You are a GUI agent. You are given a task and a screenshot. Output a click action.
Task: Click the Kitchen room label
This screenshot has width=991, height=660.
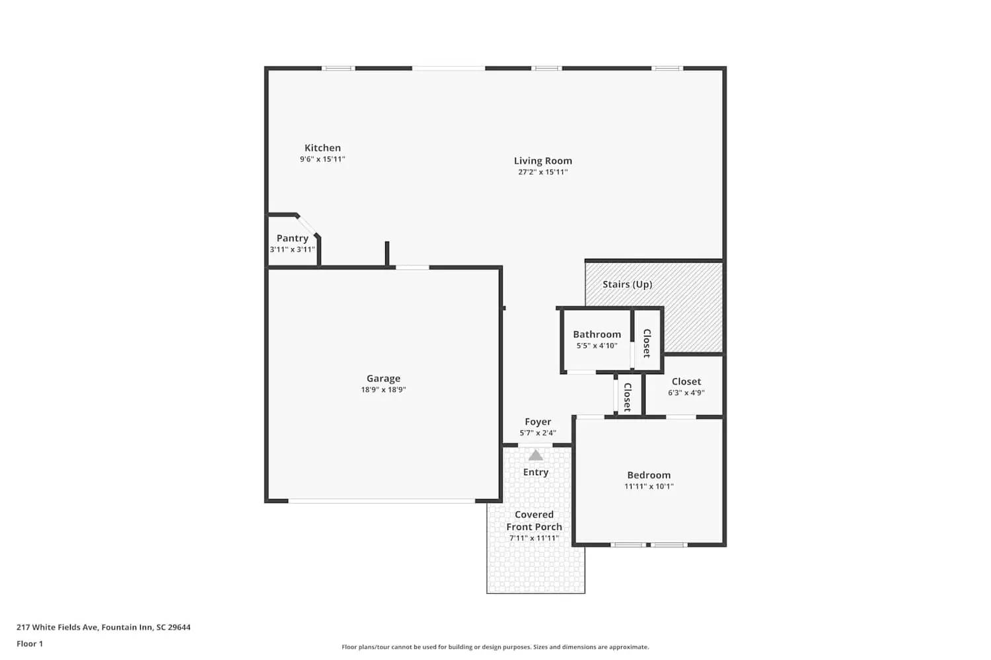[x=322, y=148]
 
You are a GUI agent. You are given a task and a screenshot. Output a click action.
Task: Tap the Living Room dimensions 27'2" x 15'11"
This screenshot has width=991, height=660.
[x=542, y=172]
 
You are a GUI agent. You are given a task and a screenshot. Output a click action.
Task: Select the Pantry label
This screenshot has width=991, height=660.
[x=292, y=238]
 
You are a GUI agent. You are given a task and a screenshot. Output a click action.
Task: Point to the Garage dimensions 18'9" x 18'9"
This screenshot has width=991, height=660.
[x=383, y=390]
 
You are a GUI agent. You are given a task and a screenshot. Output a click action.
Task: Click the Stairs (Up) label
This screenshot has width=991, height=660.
[x=627, y=284]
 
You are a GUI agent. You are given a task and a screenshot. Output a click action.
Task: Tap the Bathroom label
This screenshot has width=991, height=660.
[x=597, y=335]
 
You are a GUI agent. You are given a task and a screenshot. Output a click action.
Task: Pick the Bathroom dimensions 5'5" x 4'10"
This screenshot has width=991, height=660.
[x=597, y=346]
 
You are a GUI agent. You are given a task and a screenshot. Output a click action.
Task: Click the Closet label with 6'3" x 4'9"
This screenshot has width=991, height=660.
[x=686, y=381]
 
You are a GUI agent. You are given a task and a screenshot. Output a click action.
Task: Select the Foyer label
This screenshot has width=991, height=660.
[x=538, y=422]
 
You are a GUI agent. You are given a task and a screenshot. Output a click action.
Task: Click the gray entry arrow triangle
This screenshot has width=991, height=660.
[x=536, y=455]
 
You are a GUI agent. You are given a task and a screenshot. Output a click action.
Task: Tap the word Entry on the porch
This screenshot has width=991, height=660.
[x=536, y=473]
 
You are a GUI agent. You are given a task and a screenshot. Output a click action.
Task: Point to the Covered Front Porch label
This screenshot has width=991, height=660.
[x=534, y=521]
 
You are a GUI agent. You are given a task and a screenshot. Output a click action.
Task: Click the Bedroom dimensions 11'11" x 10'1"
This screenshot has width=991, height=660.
[x=649, y=486]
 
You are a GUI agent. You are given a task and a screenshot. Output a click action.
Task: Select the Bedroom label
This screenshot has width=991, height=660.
[x=649, y=475]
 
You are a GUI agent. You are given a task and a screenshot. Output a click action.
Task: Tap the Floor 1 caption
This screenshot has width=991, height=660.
[x=30, y=644]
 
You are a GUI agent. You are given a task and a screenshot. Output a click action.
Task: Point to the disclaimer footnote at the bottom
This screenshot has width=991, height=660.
[x=495, y=647]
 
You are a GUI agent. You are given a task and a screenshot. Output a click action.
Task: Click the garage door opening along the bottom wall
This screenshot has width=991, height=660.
[x=382, y=501]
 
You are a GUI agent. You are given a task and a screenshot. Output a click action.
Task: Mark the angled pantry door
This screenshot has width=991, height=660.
[x=307, y=225]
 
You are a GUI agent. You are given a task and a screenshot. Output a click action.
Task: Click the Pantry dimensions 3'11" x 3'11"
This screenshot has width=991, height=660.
[x=292, y=250]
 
